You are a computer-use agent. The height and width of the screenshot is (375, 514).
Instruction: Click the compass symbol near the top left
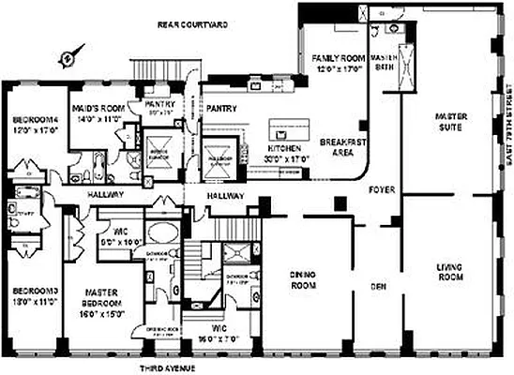pyautogui.click(x=66, y=58)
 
